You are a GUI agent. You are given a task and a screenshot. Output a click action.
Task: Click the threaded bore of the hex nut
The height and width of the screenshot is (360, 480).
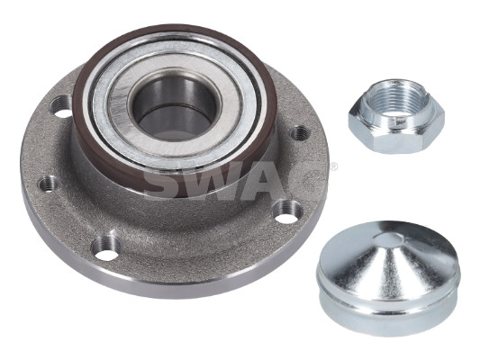click(396, 100)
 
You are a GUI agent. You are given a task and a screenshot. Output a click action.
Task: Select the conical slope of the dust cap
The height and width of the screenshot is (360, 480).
click(386, 263)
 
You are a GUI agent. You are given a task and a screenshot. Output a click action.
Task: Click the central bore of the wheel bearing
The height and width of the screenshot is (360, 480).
click(175, 108)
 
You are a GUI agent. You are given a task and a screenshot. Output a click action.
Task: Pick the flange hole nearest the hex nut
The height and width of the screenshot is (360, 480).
click(299, 133)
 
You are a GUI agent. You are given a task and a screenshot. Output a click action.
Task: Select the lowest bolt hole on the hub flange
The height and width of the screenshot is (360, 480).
click(105, 248)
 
